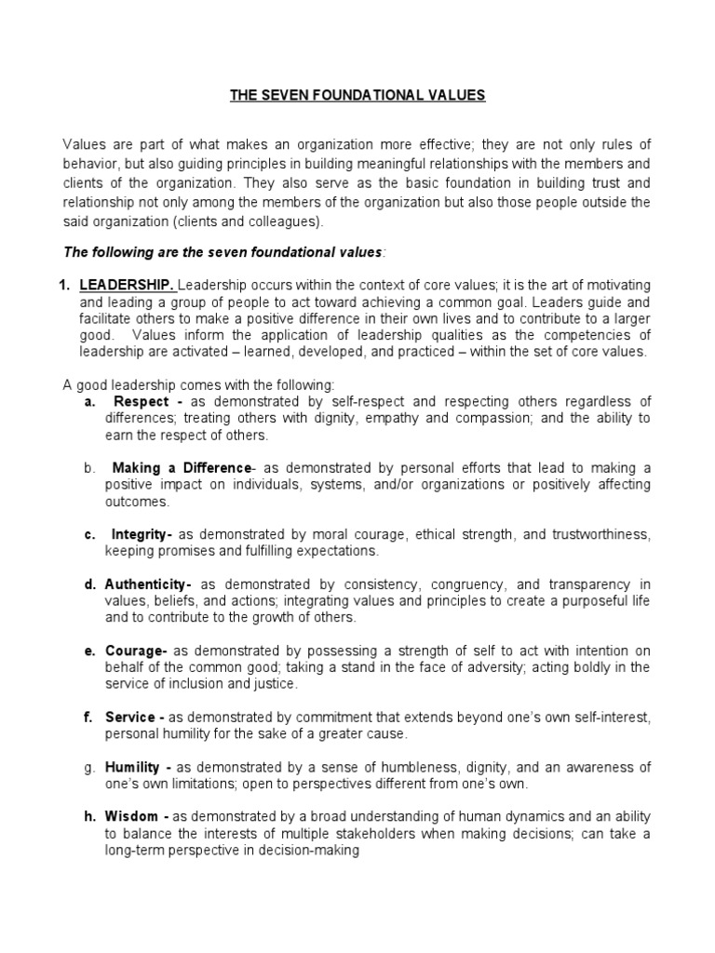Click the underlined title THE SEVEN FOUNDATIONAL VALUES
click(357, 95)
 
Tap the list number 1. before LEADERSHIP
click(68, 284)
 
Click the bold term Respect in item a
click(141, 401)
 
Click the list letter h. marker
click(90, 816)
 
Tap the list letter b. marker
click(90, 467)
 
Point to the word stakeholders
click(401, 833)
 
